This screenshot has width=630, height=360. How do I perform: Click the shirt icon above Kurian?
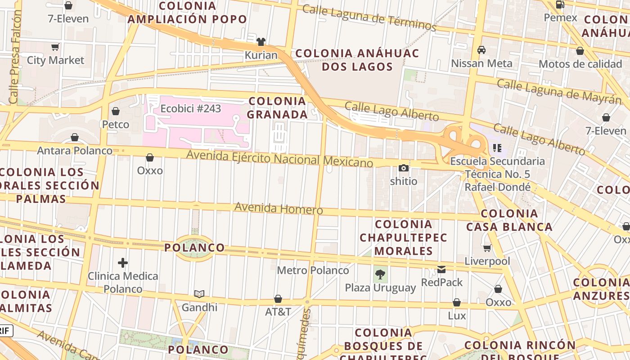(x=261, y=42)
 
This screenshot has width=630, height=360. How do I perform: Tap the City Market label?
(x=55, y=60)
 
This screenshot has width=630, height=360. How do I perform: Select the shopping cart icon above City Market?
(x=55, y=47)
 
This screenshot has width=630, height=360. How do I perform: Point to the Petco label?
(x=116, y=124)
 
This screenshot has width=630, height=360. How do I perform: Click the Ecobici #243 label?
(x=191, y=109)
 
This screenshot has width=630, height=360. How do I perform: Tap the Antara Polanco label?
(x=75, y=151)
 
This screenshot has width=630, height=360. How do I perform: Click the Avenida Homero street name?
(x=279, y=209)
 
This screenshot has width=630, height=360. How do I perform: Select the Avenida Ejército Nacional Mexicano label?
(x=280, y=158)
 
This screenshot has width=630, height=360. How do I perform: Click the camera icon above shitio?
(x=404, y=168)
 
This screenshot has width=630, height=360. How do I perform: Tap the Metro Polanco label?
(x=313, y=270)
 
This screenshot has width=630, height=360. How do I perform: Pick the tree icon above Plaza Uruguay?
(x=380, y=274)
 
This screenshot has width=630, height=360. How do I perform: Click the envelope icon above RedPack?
(x=441, y=270)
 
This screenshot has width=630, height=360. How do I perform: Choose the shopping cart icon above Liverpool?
(x=487, y=248)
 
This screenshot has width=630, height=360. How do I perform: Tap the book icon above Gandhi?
(x=199, y=294)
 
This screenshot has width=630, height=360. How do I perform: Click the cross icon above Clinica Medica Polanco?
(x=123, y=263)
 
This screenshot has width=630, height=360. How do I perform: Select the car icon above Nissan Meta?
(x=481, y=50)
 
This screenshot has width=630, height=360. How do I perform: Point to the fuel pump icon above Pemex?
(x=560, y=5)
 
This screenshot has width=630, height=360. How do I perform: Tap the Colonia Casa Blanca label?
(x=509, y=220)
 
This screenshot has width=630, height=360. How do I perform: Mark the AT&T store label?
(x=278, y=312)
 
